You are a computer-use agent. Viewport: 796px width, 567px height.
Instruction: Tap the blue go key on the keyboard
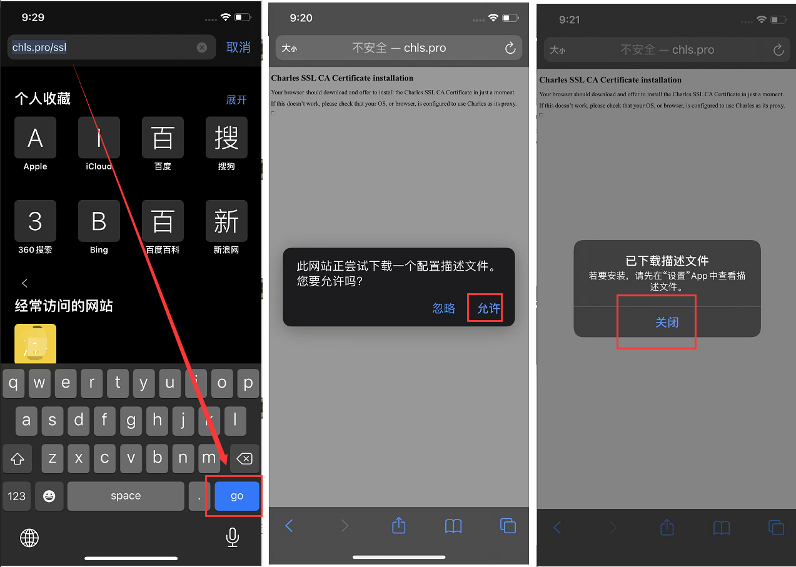236,496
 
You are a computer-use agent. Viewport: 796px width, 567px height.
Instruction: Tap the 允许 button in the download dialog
488,308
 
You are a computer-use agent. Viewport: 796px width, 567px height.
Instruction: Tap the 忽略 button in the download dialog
443,308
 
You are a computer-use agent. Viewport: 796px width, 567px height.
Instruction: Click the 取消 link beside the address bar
238,48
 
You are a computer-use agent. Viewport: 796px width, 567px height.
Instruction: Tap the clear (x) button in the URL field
202,48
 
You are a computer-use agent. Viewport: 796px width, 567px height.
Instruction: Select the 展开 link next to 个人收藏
236,100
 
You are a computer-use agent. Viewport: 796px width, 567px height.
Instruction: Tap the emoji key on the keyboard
49,496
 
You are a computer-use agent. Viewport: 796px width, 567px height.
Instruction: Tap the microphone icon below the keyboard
233,537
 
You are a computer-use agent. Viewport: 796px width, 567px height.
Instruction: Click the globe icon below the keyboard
29,538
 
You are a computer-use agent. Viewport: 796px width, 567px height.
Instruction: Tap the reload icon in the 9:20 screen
510,48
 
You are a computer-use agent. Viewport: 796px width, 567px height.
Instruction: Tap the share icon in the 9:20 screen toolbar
399,526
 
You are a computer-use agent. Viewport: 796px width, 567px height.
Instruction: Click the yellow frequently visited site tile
35,344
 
